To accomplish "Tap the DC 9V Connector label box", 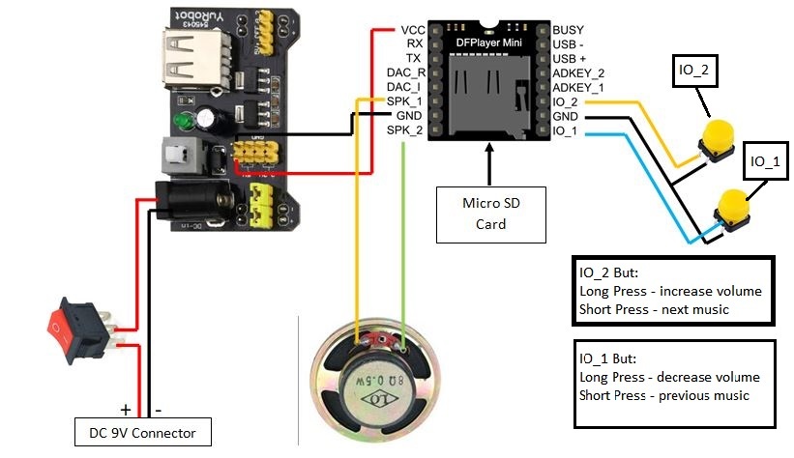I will click(x=142, y=431).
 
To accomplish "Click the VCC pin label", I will click(x=411, y=30).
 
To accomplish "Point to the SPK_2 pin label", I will click(x=405, y=129).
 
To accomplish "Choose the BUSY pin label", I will click(x=568, y=30).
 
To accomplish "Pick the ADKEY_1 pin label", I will click(x=577, y=87).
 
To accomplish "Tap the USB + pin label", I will click(x=571, y=58).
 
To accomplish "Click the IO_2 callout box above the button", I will click(x=695, y=71).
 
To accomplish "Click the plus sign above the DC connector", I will click(x=125, y=409).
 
